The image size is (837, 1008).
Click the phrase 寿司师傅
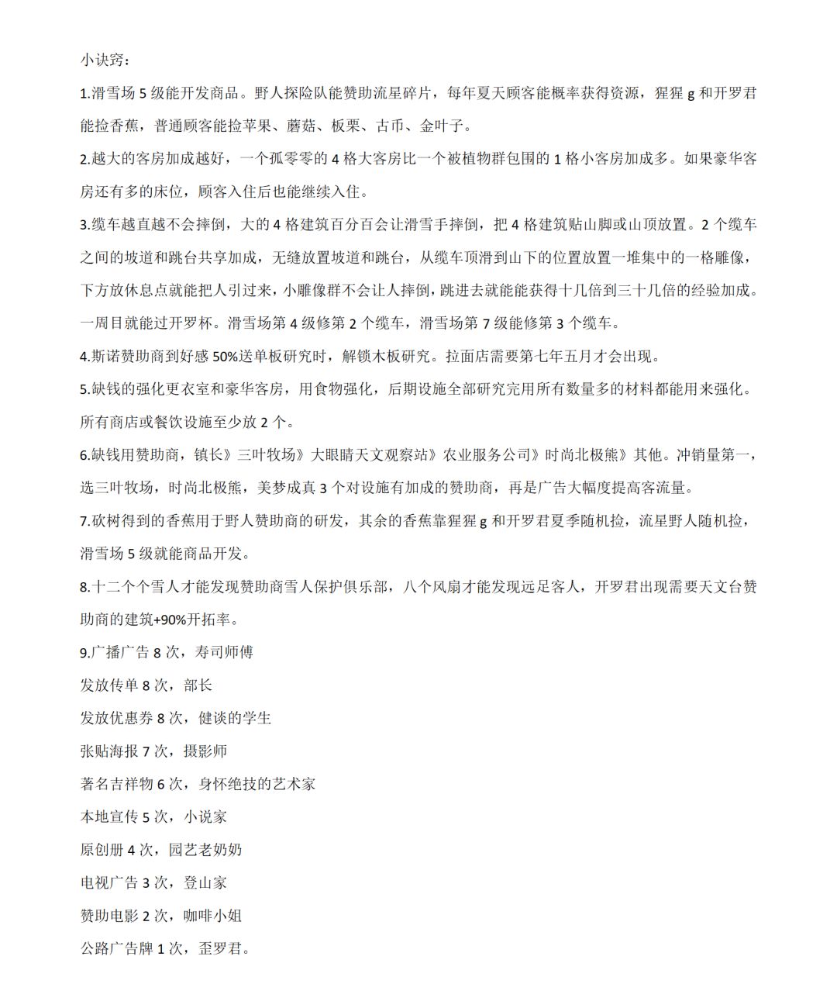220,652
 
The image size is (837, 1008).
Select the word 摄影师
205,751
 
